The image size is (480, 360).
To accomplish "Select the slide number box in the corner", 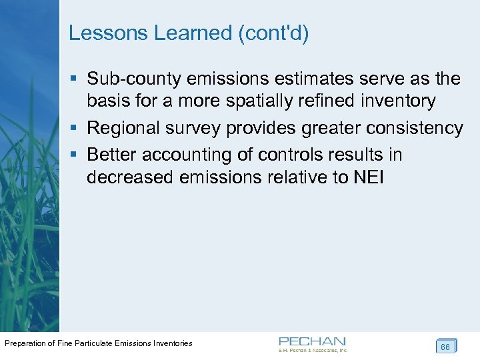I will [445, 346].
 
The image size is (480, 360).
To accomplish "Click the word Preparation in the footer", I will [27, 343].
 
